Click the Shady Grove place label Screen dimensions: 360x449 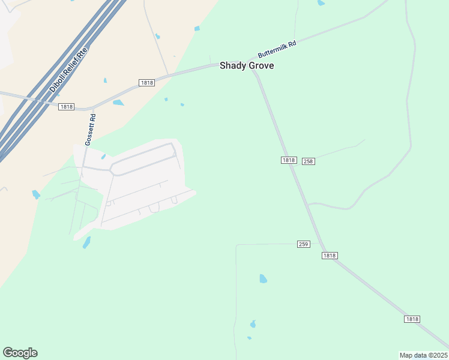(x=247, y=65)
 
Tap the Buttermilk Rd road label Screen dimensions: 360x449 (x=277, y=49)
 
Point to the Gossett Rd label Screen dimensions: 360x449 (x=91, y=130)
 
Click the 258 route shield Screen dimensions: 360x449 (x=309, y=161)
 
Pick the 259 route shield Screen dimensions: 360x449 (x=304, y=244)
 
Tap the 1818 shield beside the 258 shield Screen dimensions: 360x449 (x=289, y=160)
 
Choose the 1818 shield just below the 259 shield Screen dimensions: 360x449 (x=330, y=256)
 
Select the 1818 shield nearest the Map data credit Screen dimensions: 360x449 (x=412, y=319)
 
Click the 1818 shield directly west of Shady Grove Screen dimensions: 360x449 (x=146, y=82)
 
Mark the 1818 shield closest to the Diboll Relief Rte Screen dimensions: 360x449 (x=66, y=107)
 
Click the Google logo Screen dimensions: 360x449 (x=20, y=353)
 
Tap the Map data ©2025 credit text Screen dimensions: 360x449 (x=423, y=355)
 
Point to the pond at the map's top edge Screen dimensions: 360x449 (x=321, y=3)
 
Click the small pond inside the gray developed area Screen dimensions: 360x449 (x=103, y=157)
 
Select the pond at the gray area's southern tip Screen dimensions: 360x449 (x=86, y=242)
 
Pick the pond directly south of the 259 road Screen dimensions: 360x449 (x=263, y=278)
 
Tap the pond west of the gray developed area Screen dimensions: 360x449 (x=36, y=194)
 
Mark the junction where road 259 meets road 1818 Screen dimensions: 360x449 (x=319, y=244)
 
